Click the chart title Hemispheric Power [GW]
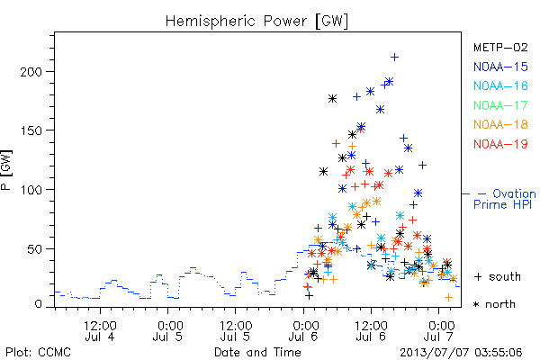tap(256, 22)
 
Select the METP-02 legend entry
tap(500, 47)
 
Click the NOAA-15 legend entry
tap(500, 67)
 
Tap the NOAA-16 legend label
tap(500, 85)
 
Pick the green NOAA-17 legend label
tap(500, 105)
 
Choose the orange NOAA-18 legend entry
tap(500, 124)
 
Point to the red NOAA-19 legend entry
tap(500, 144)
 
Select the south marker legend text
tap(498, 276)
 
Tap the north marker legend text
tap(494, 304)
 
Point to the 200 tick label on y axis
tap(31, 72)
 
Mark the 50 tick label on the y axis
tap(34, 249)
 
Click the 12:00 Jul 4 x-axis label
tap(100, 330)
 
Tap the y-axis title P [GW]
tap(6, 170)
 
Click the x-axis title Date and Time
tap(257, 353)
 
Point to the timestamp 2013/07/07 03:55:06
tap(461, 353)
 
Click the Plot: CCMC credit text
tap(38, 353)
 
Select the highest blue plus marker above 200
tap(395, 58)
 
